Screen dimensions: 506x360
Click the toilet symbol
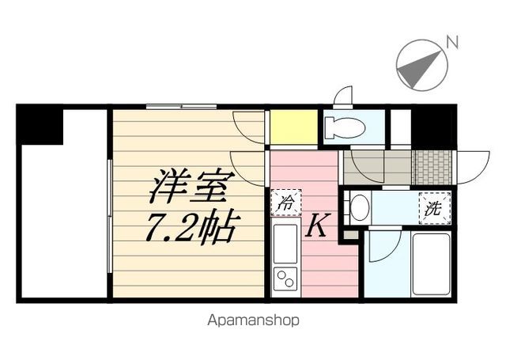tap(345, 127)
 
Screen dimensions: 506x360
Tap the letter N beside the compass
tap(452, 42)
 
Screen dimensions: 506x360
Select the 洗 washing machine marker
tap(435, 208)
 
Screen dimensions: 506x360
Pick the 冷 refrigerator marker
tap(286, 203)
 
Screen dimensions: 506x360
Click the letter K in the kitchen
tap(318, 225)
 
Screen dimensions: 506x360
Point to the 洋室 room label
tap(191, 186)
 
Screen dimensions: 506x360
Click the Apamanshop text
tap(253, 320)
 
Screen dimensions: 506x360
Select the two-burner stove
tap(285, 278)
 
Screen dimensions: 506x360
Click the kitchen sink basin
tap(285, 244)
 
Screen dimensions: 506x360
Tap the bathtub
tap(431, 264)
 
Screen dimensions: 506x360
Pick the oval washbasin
tap(357, 207)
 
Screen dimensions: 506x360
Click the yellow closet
tap(293, 127)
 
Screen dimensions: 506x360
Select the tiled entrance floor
tap(433, 167)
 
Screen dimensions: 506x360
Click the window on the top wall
tap(181, 107)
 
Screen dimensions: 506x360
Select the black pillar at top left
tap(40, 124)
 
